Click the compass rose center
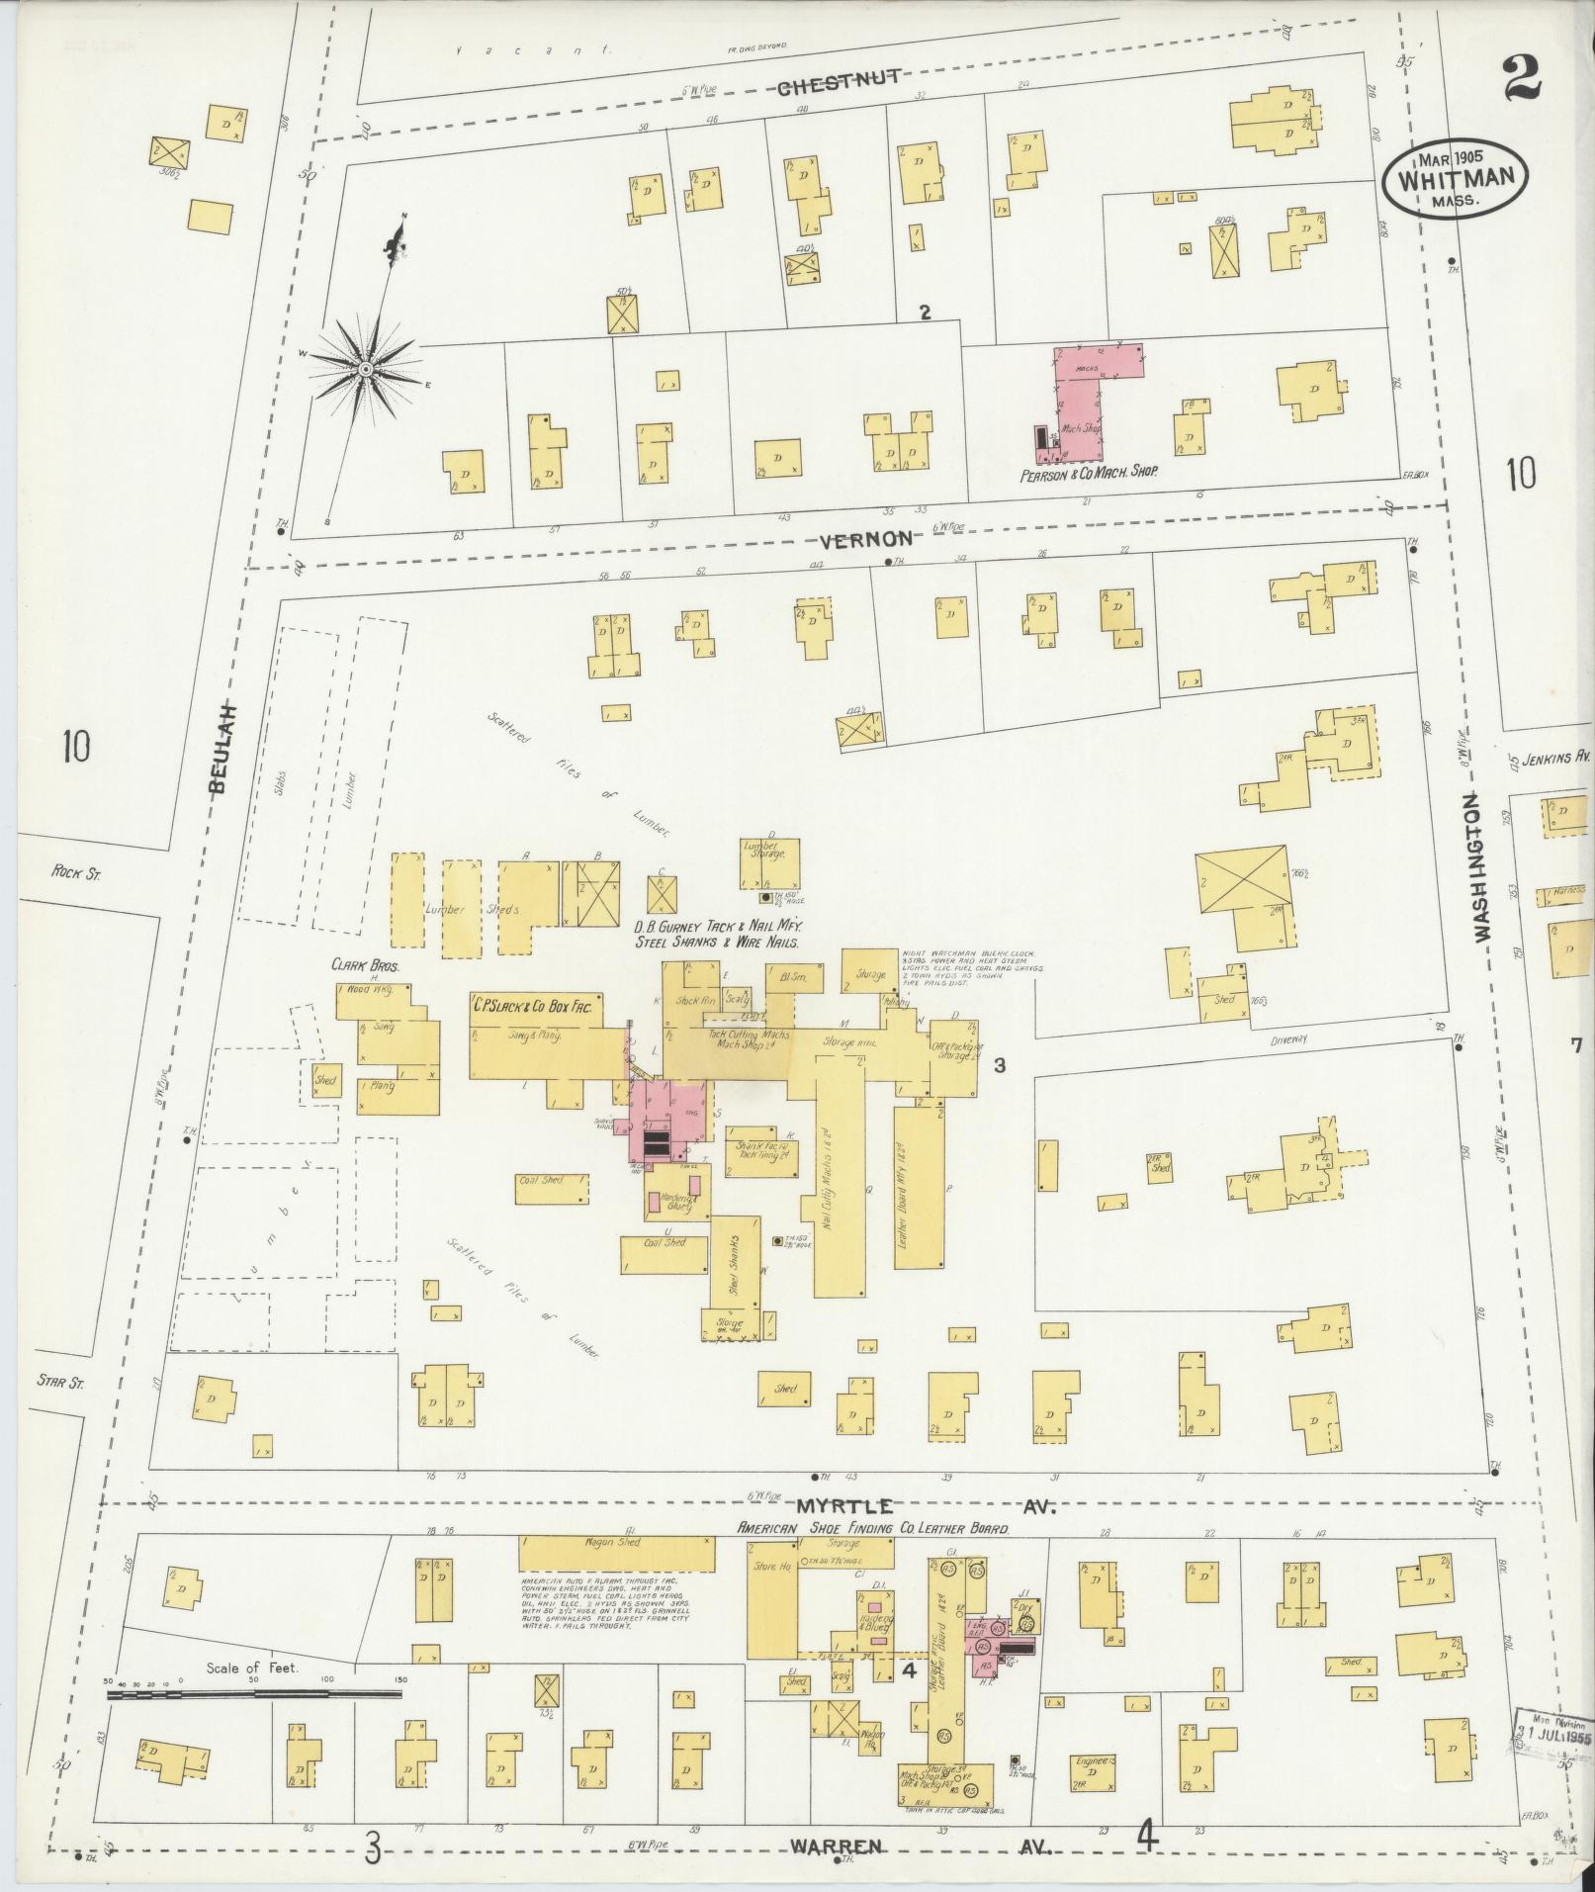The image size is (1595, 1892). (365, 369)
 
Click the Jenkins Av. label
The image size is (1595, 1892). (1553, 756)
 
